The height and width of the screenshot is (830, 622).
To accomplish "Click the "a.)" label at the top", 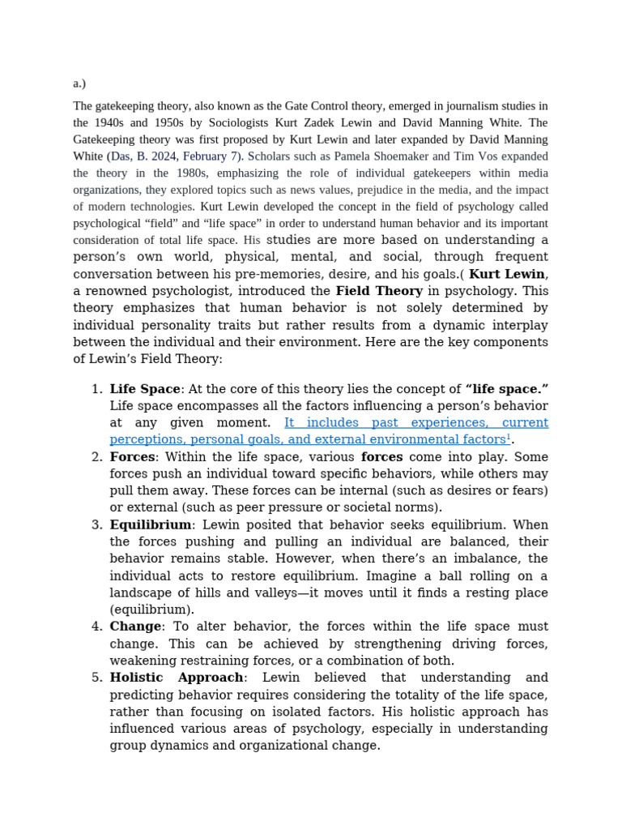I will point(79,83).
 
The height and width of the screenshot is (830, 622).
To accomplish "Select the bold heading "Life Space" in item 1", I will point(145,389).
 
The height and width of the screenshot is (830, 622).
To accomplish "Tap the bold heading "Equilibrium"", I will point(151,524).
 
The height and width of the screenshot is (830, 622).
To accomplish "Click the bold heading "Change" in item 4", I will point(136,627).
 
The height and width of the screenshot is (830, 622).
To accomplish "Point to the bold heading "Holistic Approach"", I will point(177,678).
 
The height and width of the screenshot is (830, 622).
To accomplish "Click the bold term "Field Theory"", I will point(379,291).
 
